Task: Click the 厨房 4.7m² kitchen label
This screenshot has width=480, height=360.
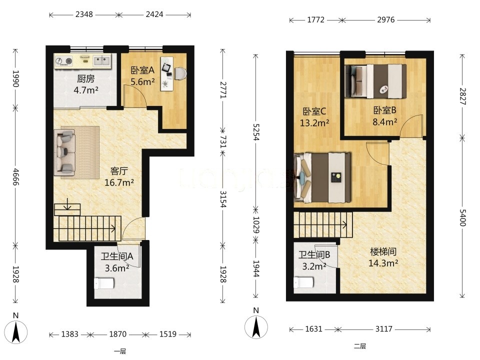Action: (85, 84)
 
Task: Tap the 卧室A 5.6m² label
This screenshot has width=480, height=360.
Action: (142, 76)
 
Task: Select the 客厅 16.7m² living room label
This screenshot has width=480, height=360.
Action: (119, 176)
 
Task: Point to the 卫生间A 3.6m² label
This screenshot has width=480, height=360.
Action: (117, 262)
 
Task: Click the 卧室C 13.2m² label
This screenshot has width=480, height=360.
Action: (314, 117)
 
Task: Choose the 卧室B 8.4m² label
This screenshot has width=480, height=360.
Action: (385, 116)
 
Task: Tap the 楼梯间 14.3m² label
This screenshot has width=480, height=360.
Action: (383, 257)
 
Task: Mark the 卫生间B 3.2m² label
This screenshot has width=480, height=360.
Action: (314, 260)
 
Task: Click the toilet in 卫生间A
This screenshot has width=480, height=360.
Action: (104, 283)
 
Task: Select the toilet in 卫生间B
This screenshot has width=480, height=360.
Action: (304, 282)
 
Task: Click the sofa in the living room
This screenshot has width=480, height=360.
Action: (64, 152)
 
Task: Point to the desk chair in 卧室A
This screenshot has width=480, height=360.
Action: (180, 73)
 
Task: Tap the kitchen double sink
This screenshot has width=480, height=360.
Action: (101, 60)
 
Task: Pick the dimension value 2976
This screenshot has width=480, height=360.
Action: (385, 20)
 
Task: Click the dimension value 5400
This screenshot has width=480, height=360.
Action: (462, 217)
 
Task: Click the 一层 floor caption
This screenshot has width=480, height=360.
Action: (119, 351)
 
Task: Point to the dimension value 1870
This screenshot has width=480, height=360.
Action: (118, 334)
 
